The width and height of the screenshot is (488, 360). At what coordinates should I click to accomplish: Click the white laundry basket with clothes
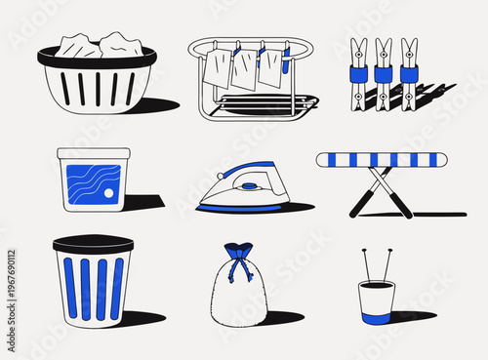click(x=97, y=83)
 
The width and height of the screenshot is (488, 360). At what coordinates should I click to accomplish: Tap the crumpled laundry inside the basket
click(x=97, y=46)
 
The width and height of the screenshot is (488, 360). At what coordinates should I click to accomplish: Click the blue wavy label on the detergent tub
click(x=92, y=186)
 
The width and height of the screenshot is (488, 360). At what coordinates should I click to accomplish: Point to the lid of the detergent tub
click(x=94, y=154)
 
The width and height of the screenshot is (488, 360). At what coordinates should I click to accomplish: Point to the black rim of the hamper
click(x=92, y=242)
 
